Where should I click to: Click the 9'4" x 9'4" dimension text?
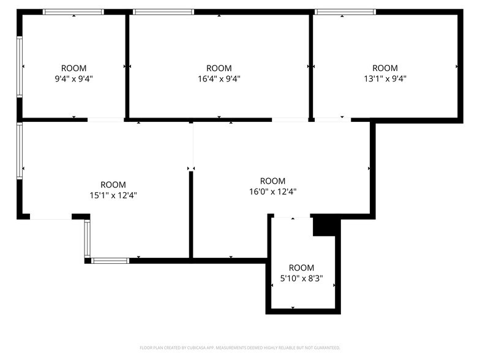click(x=73, y=78)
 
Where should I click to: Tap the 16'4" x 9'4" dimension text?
click(x=219, y=78)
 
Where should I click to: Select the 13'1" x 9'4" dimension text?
click(x=385, y=78)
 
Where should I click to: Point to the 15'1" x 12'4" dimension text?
click(x=113, y=195)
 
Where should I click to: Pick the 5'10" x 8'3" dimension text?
click(x=301, y=279)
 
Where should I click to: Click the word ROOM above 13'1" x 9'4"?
click(x=385, y=68)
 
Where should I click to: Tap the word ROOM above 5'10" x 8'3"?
click(x=301, y=268)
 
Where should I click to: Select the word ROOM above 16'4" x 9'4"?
click(x=219, y=68)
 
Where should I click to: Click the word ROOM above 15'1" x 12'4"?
click(x=113, y=184)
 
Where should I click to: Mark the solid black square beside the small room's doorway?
click(x=325, y=226)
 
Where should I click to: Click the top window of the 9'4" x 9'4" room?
click(x=73, y=12)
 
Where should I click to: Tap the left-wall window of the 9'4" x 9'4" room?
click(x=20, y=66)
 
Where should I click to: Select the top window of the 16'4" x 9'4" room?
click(x=163, y=12)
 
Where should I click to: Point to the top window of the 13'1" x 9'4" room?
click(x=345, y=12)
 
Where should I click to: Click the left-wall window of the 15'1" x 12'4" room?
click(x=20, y=151)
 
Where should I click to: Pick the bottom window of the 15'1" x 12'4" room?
click(x=110, y=261)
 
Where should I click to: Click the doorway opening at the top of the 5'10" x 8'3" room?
click(x=291, y=216)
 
